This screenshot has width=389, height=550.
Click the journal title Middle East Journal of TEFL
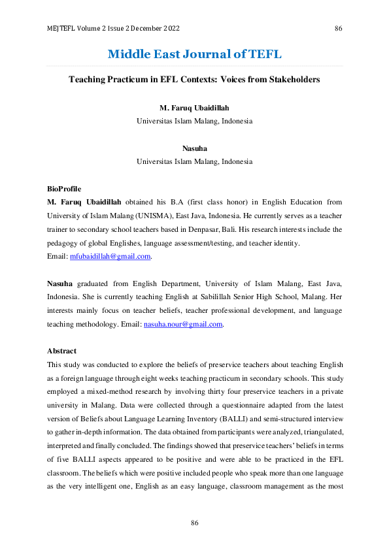(x=194, y=54)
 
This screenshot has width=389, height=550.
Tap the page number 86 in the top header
(x=338, y=29)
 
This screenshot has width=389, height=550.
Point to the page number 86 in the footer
(x=194, y=523)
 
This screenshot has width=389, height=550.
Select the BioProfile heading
(x=64, y=189)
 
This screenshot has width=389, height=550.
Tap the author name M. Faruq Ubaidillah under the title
(x=194, y=107)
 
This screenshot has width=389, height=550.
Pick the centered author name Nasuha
(x=194, y=148)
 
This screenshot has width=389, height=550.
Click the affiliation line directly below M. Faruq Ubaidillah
(x=194, y=121)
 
